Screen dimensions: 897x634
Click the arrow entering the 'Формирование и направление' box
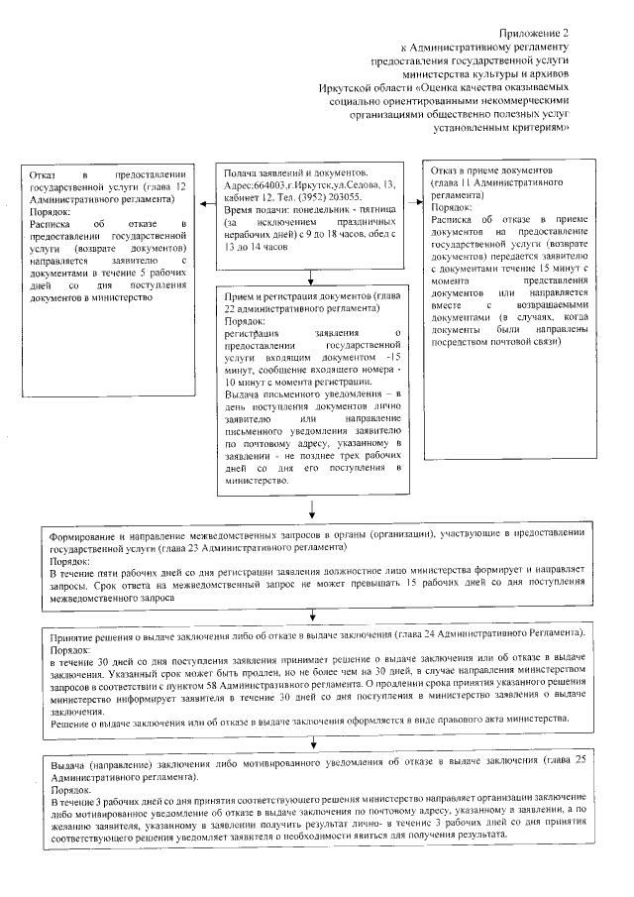tap(313, 511)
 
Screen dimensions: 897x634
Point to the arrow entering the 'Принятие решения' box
tap(313, 618)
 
